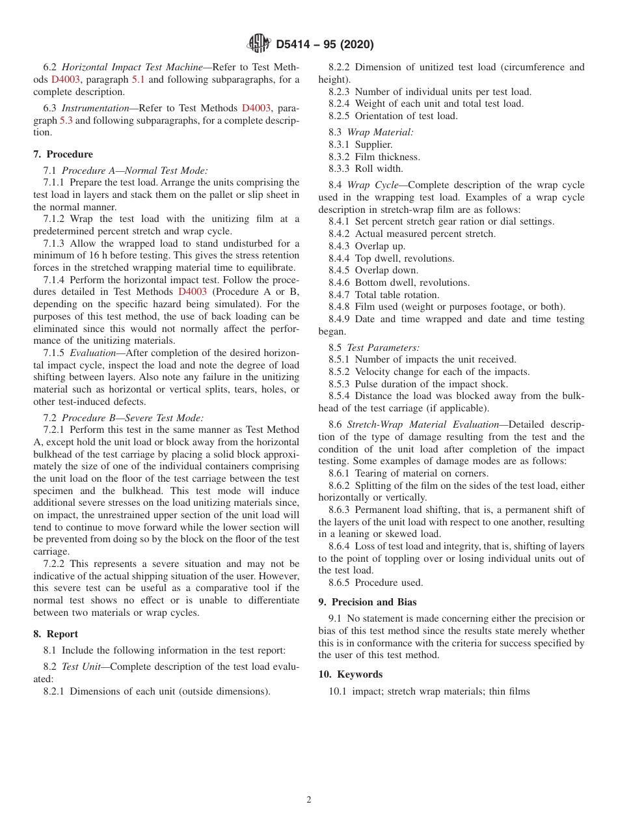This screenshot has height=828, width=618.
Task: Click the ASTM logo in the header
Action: [259, 44]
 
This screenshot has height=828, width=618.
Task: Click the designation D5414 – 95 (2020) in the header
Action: [325, 45]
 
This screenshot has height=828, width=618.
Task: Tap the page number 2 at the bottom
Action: [309, 800]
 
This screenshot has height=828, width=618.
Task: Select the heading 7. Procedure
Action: [63, 154]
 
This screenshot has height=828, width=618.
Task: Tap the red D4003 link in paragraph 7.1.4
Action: [192, 292]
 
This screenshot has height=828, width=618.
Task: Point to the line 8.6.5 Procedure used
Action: [375, 583]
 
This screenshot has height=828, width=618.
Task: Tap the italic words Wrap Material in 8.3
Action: [380, 132]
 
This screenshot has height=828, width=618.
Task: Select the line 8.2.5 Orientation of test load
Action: [393, 116]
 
